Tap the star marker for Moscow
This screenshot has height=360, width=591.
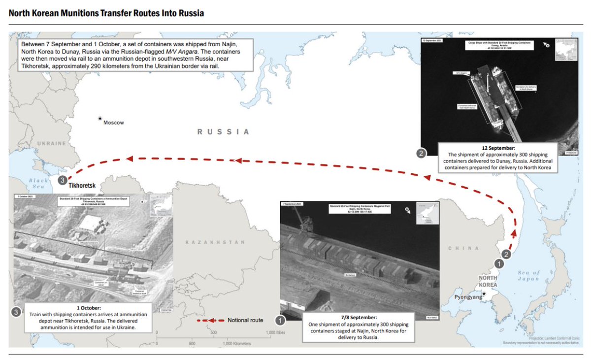[100, 118]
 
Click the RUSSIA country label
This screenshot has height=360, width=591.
[223, 132]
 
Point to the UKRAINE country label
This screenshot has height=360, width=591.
[51, 143]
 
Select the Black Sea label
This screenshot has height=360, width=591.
[38, 184]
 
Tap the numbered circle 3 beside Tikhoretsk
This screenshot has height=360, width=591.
[62, 180]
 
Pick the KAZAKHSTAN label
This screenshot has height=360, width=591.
[215, 243]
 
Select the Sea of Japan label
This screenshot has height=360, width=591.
[530, 276]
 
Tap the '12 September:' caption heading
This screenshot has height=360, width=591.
[498, 147]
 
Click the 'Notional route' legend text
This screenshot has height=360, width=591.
[245, 320]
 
